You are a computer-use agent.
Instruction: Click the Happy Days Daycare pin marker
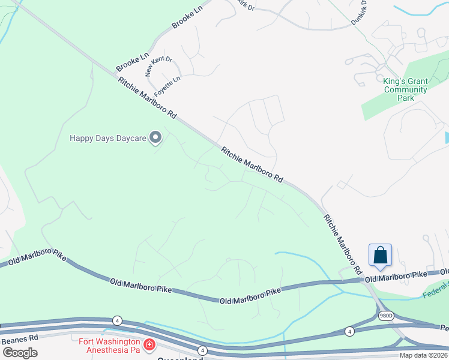pos(155,138)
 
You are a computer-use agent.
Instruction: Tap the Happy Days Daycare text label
pos(108,138)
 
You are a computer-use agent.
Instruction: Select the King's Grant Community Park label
pos(406,89)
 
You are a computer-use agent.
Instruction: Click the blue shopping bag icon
pos(381,255)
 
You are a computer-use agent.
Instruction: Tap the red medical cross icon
pos(148,345)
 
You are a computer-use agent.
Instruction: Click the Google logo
pos(20,353)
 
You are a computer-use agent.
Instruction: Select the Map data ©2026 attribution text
pos(423,355)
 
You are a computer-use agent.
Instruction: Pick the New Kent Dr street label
pos(158,67)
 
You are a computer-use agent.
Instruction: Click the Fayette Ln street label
pos(167,88)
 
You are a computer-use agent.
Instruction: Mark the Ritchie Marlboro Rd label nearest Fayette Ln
pos(148,97)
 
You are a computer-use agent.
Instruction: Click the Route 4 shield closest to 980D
pos(349,331)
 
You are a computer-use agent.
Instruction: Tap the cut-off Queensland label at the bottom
pos(179,358)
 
